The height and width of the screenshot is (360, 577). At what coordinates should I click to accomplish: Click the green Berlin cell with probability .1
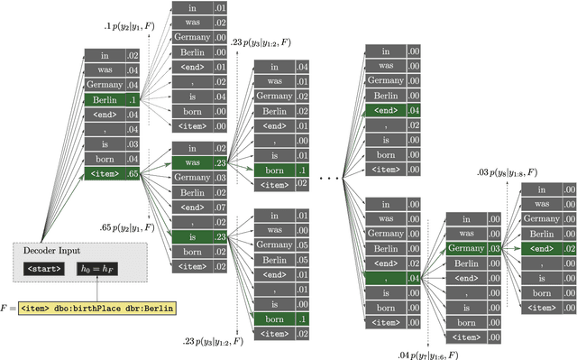(113, 98)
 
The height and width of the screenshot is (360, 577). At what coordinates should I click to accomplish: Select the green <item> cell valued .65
(113, 172)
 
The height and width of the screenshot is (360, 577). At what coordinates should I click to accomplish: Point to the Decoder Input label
(51, 250)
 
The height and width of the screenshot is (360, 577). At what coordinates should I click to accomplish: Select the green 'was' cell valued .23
(200, 163)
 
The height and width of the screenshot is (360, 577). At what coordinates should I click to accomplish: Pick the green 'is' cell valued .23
(200, 236)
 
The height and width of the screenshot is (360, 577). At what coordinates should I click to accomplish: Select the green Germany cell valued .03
(474, 248)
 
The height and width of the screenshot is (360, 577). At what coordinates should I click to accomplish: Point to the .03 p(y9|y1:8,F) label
(508, 171)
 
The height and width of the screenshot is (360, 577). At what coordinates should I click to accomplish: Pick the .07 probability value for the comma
(221, 222)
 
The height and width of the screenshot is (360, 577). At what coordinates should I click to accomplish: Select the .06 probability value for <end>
(221, 207)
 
